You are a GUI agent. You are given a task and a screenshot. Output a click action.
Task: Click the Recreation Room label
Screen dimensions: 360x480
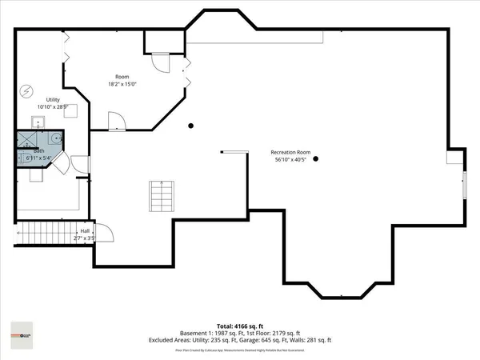[x=290, y=151]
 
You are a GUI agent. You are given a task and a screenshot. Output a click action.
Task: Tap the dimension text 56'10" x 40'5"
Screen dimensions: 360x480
[x=290, y=159]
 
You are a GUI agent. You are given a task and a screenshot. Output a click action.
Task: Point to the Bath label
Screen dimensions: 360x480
[x=38, y=150]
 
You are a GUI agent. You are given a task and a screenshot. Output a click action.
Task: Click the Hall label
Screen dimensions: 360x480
[x=85, y=230]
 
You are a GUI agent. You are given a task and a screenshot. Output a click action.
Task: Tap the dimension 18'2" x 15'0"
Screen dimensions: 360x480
[x=123, y=84]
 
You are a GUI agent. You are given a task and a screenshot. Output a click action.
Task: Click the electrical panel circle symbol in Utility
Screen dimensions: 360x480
[x=26, y=90]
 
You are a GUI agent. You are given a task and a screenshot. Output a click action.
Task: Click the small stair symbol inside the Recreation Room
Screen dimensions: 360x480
[x=161, y=195]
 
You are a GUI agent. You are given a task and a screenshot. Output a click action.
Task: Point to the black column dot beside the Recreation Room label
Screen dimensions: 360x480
[x=316, y=158]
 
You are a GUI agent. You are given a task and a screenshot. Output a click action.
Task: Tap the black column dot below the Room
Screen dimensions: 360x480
[x=190, y=126]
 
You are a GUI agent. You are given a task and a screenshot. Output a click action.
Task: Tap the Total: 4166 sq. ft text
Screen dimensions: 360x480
[x=241, y=326]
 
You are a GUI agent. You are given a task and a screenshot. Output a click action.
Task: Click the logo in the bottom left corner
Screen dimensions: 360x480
[x=19, y=334]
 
